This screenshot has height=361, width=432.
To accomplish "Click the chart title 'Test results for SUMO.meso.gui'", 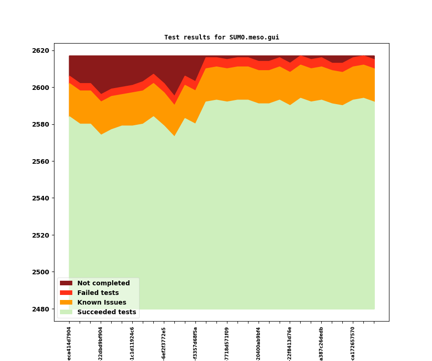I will [x=221, y=38].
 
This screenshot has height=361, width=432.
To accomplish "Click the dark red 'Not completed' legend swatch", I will [x=66, y=283].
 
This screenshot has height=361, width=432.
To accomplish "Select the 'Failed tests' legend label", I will [x=98, y=293].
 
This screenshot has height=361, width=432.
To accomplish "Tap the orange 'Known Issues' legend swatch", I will [x=66, y=303].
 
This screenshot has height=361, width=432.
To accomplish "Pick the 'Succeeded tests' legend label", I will [x=107, y=312].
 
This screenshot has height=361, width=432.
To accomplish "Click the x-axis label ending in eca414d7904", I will [x=69, y=344].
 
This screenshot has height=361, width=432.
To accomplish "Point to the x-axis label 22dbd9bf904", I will [x=101, y=344].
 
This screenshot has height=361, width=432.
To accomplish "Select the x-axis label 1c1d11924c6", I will [x=132, y=344].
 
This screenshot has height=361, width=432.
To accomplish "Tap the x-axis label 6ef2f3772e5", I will [x=164, y=344].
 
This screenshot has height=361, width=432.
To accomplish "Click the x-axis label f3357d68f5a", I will [x=195, y=344].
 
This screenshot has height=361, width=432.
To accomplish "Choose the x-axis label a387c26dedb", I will [x=321, y=344].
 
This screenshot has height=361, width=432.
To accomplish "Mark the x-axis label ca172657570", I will [x=353, y=344].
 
